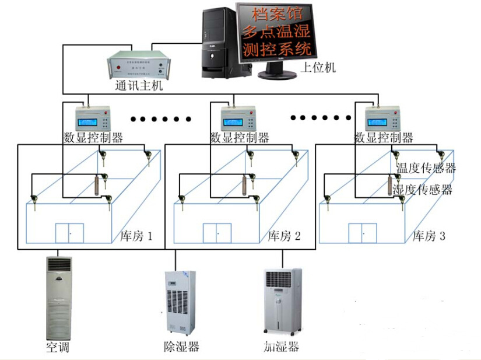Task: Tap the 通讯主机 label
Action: click(x=139, y=86)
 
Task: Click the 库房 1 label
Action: click(x=135, y=236)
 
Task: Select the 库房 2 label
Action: click(x=284, y=236)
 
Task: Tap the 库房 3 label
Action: click(x=429, y=236)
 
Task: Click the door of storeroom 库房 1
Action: click(x=70, y=233)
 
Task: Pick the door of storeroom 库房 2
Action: click(x=217, y=233)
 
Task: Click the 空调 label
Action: click(x=58, y=348)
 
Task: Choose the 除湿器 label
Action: click(x=181, y=347)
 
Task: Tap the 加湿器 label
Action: click(x=281, y=347)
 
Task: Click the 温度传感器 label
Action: click(x=426, y=169)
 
